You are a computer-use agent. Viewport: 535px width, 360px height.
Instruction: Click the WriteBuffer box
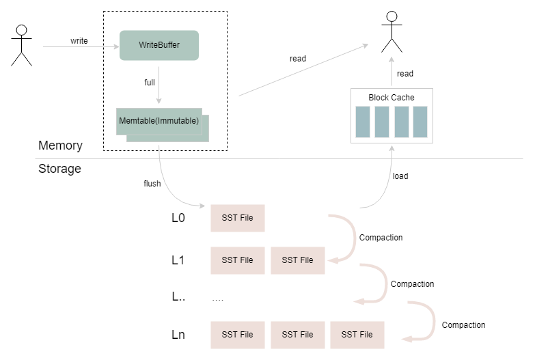(x=159, y=46)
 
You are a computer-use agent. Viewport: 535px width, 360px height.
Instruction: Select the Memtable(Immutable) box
(x=160, y=122)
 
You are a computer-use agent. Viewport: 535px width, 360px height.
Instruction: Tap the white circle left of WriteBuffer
(x=21, y=30)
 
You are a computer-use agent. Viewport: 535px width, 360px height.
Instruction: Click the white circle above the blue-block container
(x=392, y=16)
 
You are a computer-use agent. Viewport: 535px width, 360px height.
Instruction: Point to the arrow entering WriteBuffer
(x=81, y=47)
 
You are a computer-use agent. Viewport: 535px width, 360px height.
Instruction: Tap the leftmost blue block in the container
(x=363, y=122)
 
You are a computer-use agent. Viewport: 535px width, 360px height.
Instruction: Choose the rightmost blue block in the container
(x=420, y=122)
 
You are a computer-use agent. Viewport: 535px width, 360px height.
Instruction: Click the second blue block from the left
(x=382, y=122)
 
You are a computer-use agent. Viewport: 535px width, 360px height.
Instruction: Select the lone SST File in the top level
(x=237, y=218)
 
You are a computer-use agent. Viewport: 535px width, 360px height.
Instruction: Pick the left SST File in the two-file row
(x=237, y=260)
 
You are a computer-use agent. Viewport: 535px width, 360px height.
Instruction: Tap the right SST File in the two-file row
(x=297, y=260)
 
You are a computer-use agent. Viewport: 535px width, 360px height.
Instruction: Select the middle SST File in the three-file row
(x=297, y=335)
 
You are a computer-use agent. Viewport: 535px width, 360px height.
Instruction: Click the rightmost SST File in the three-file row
(x=357, y=335)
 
